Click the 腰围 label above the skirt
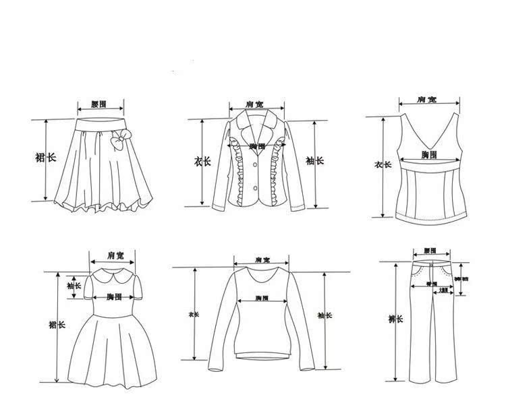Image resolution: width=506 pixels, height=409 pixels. pos(99,104)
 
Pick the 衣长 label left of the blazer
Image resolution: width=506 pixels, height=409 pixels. pos(202,161)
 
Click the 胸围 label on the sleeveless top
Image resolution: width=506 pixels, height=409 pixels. pos(428,156)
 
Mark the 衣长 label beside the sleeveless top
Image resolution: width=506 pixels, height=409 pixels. pos(383,164)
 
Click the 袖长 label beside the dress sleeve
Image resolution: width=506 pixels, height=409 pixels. pos(75,286)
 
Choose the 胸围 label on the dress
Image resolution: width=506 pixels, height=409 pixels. pos(112,296)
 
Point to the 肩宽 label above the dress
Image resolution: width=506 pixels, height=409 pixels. pos(115,255)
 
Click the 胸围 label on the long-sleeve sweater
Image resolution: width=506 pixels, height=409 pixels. pos(262,298)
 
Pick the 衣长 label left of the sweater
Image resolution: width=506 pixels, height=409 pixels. pos(194,315)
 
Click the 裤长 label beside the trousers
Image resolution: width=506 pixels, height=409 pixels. pos(396,319)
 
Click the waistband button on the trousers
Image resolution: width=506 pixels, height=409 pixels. pos(430,259)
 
